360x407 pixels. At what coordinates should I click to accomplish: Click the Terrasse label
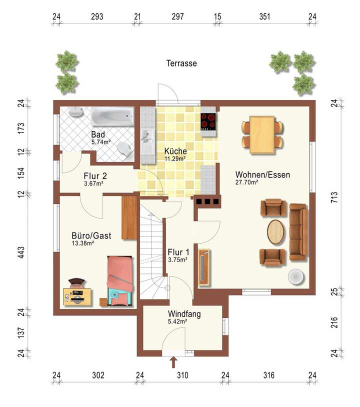point(181,63)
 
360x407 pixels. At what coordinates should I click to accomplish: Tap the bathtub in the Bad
point(112,116)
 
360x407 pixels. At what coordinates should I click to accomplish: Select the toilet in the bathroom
point(125,149)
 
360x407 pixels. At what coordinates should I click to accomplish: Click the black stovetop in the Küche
point(208,121)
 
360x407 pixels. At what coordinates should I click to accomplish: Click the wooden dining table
point(262,134)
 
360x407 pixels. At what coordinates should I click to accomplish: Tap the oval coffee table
point(275,232)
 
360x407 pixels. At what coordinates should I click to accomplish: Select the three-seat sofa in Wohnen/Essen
point(298,232)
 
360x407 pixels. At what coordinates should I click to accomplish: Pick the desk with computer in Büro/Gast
point(77,296)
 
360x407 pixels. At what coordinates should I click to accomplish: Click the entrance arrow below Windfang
point(173,362)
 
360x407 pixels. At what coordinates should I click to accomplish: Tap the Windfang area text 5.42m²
point(177,321)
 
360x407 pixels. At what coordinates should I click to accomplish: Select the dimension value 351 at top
point(264,16)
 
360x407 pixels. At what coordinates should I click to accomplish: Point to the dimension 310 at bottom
point(182,375)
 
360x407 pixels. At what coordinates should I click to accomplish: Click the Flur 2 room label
point(95,176)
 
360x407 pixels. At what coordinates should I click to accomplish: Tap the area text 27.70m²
point(246,182)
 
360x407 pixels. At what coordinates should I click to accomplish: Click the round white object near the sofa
point(296,276)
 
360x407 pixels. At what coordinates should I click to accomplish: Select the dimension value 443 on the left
point(21,252)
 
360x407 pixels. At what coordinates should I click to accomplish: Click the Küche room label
point(175,151)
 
